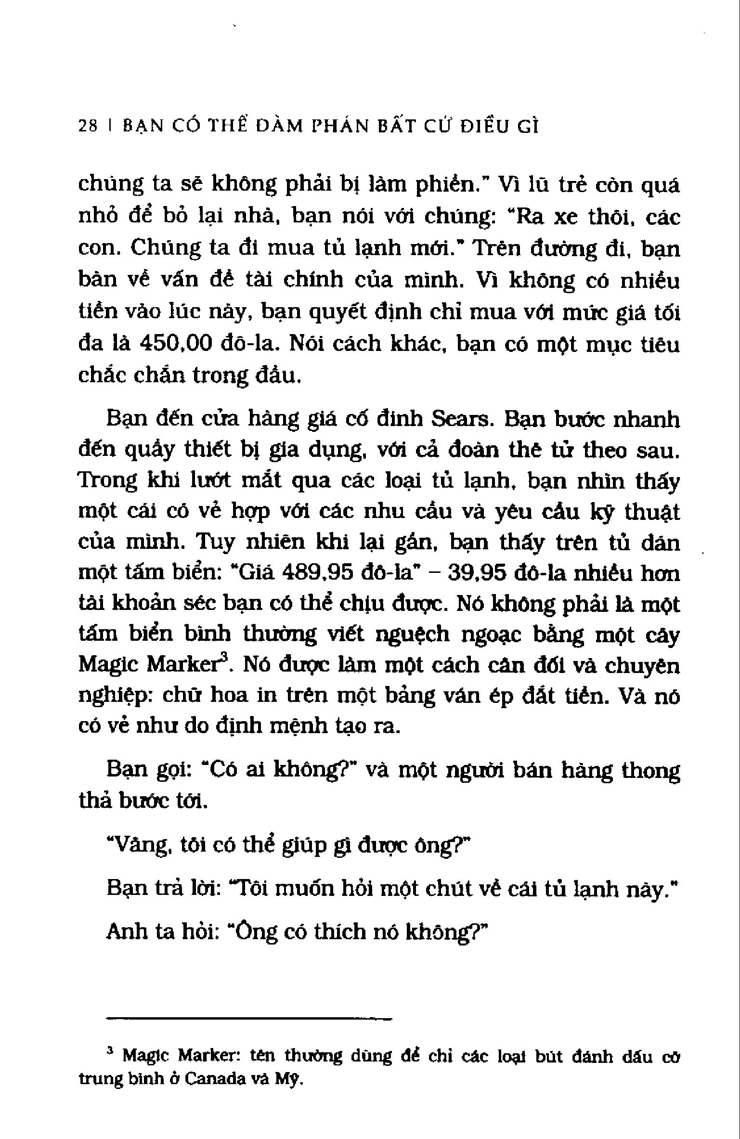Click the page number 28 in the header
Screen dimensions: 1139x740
tap(88, 126)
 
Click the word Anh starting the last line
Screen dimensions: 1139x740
tap(126, 932)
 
